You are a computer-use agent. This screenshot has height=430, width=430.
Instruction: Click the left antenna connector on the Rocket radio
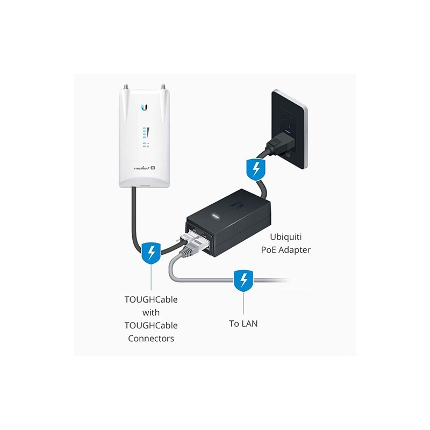coord(127,87)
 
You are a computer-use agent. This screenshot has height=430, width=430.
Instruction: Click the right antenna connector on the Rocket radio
coord(163,87)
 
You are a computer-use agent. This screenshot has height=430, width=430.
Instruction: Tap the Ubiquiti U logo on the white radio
coord(145,107)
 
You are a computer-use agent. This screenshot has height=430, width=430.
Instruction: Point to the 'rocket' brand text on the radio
coord(142,168)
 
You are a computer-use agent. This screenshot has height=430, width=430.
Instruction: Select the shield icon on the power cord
coord(256,169)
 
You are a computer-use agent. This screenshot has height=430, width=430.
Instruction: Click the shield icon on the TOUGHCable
coord(151,253)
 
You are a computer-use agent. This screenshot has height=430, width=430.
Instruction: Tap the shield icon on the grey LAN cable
coord(243,281)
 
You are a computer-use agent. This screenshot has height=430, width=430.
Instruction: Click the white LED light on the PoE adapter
coord(216,217)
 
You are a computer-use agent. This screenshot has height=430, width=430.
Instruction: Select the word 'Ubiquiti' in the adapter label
coord(286,236)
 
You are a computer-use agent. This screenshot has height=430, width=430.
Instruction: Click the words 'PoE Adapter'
coord(286,250)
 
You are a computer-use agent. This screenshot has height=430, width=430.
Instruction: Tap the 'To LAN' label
coord(243,324)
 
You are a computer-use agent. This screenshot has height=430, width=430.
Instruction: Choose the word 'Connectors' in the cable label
coord(151,339)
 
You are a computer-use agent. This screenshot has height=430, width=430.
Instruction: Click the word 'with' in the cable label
coord(151,312)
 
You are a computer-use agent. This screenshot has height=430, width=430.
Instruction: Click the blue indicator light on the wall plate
coord(288,131)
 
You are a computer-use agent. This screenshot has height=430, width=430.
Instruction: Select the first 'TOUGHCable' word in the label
coord(151,299)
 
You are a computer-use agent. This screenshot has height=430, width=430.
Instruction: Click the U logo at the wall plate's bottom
coord(288,155)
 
